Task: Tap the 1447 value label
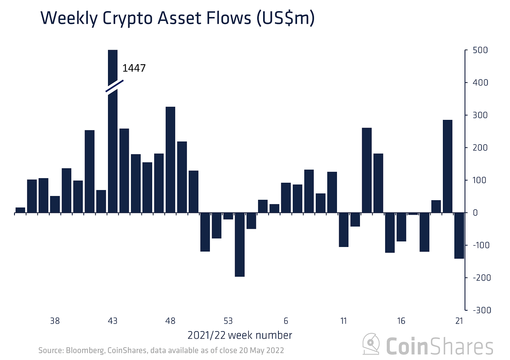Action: tap(134, 68)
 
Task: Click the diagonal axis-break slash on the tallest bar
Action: tap(115, 86)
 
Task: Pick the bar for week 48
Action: tap(170, 159)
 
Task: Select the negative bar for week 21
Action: tap(459, 235)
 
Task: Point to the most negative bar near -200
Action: tap(240, 244)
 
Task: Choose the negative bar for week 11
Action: tap(344, 230)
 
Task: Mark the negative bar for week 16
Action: tap(401, 227)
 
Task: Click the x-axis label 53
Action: tap(228, 321)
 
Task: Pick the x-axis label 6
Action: tap(286, 321)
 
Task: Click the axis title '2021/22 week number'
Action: tap(240, 335)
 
